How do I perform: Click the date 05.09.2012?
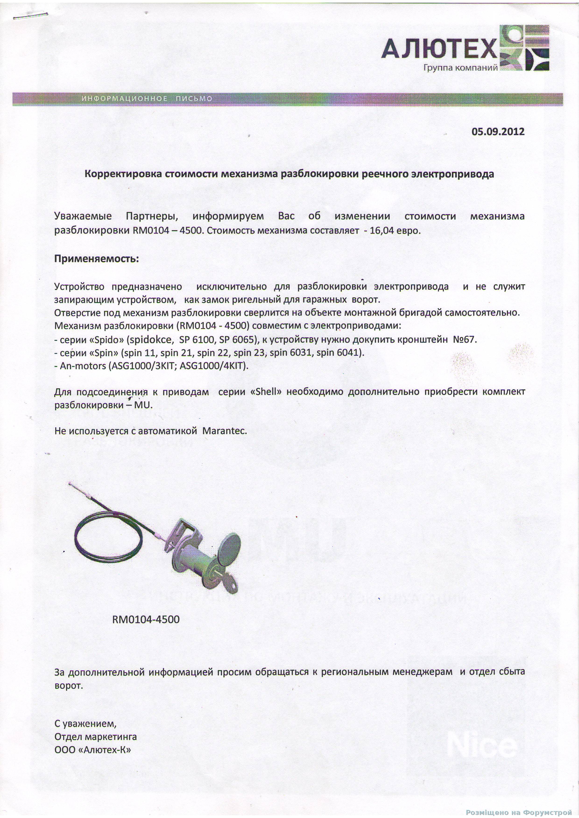(x=498, y=132)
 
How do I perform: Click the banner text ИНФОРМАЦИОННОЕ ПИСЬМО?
(x=147, y=99)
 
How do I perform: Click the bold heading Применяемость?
(x=96, y=259)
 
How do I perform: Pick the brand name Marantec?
(x=225, y=431)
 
